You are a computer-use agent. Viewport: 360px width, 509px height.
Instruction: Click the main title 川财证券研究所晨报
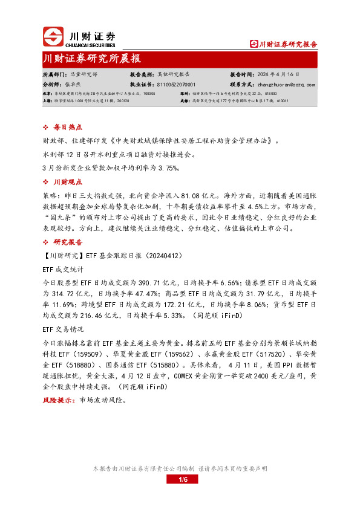tap(93, 59)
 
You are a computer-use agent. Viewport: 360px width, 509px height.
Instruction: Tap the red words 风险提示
tap(55, 400)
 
